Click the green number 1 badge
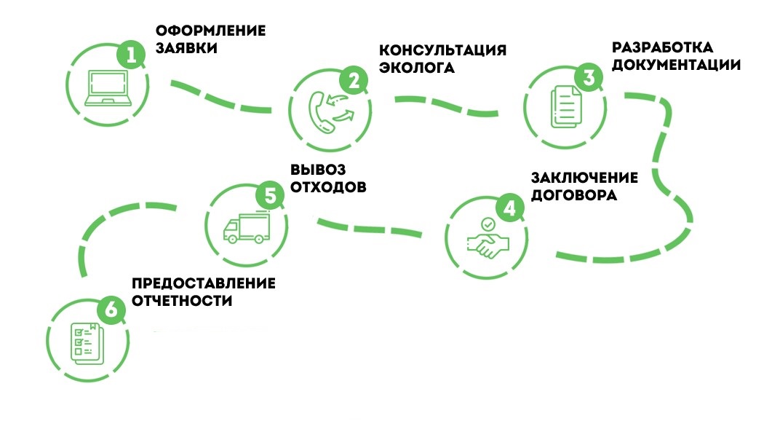(x=131, y=55)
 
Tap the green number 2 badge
(x=354, y=81)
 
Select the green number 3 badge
(x=589, y=76)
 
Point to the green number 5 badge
(x=270, y=195)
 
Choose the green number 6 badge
(x=110, y=310)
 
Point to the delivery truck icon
(x=244, y=229)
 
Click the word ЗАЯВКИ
(x=186, y=49)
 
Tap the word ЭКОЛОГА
(x=417, y=68)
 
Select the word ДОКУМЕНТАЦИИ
(x=676, y=65)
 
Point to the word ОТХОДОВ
(x=327, y=186)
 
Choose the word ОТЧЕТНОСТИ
(x=183, y=301)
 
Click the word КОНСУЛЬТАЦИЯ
(x=442, y=51)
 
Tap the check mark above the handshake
(x=489, y=224)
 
